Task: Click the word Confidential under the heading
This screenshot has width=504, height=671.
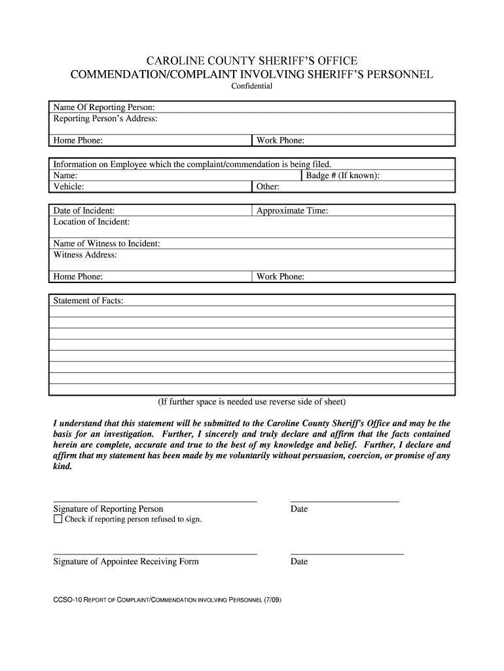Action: (x=251, y=86)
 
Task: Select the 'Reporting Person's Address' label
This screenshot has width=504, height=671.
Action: (x=105, y=119)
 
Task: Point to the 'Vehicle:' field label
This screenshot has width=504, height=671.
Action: (x=69, y=187)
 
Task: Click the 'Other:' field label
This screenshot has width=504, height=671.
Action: (x=268, y=187)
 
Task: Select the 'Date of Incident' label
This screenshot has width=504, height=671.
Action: (x=84, y=210)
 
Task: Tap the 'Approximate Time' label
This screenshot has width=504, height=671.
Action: (x=292, y=210)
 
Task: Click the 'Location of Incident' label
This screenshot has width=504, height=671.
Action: (x=91, y=221)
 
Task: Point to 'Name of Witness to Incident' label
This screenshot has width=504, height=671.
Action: (x=107, y=244)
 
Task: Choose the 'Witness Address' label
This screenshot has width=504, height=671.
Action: (x=85, y=254)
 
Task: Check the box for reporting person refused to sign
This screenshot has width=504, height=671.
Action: (x=58, y=520)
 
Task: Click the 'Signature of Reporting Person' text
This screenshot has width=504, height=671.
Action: (x=108, y=509)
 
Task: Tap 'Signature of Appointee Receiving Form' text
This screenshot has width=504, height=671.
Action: (x=126, y=562)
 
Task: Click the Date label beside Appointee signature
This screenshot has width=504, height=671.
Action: (x=299, y=562)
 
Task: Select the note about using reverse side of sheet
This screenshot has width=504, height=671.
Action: (x=251, y=401)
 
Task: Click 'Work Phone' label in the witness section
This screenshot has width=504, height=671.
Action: (x=280, y=277)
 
